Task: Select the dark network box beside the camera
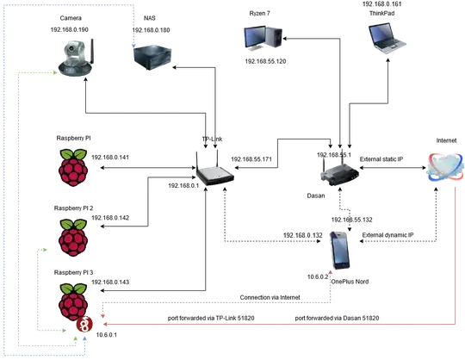coord(154,56)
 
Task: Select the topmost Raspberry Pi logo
coord(73,167)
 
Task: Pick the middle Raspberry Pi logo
coord(73,236)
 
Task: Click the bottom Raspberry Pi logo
coord(73,301)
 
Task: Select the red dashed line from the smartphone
coord(215,304)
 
